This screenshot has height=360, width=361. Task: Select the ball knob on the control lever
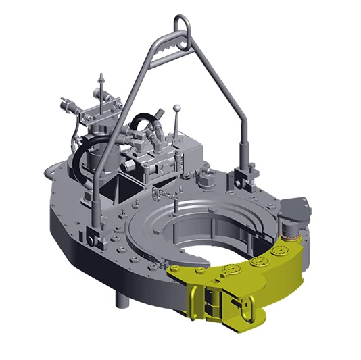tap(177, 107)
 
